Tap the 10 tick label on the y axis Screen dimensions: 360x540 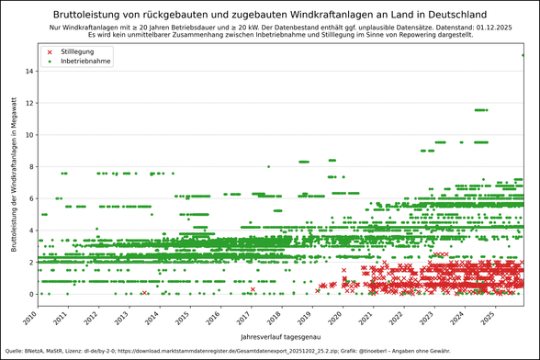[x=30, y=135]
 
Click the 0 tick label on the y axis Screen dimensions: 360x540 [x=32, y=295]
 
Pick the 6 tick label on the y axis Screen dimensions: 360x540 [x=32, y=198]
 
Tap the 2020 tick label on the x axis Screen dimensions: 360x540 [x=335, y=319]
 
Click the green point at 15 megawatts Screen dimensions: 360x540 [x=523, y=55]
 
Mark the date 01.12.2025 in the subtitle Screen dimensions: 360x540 [x=471, y=28]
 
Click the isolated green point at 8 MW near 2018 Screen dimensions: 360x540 [x=268, y=167]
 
